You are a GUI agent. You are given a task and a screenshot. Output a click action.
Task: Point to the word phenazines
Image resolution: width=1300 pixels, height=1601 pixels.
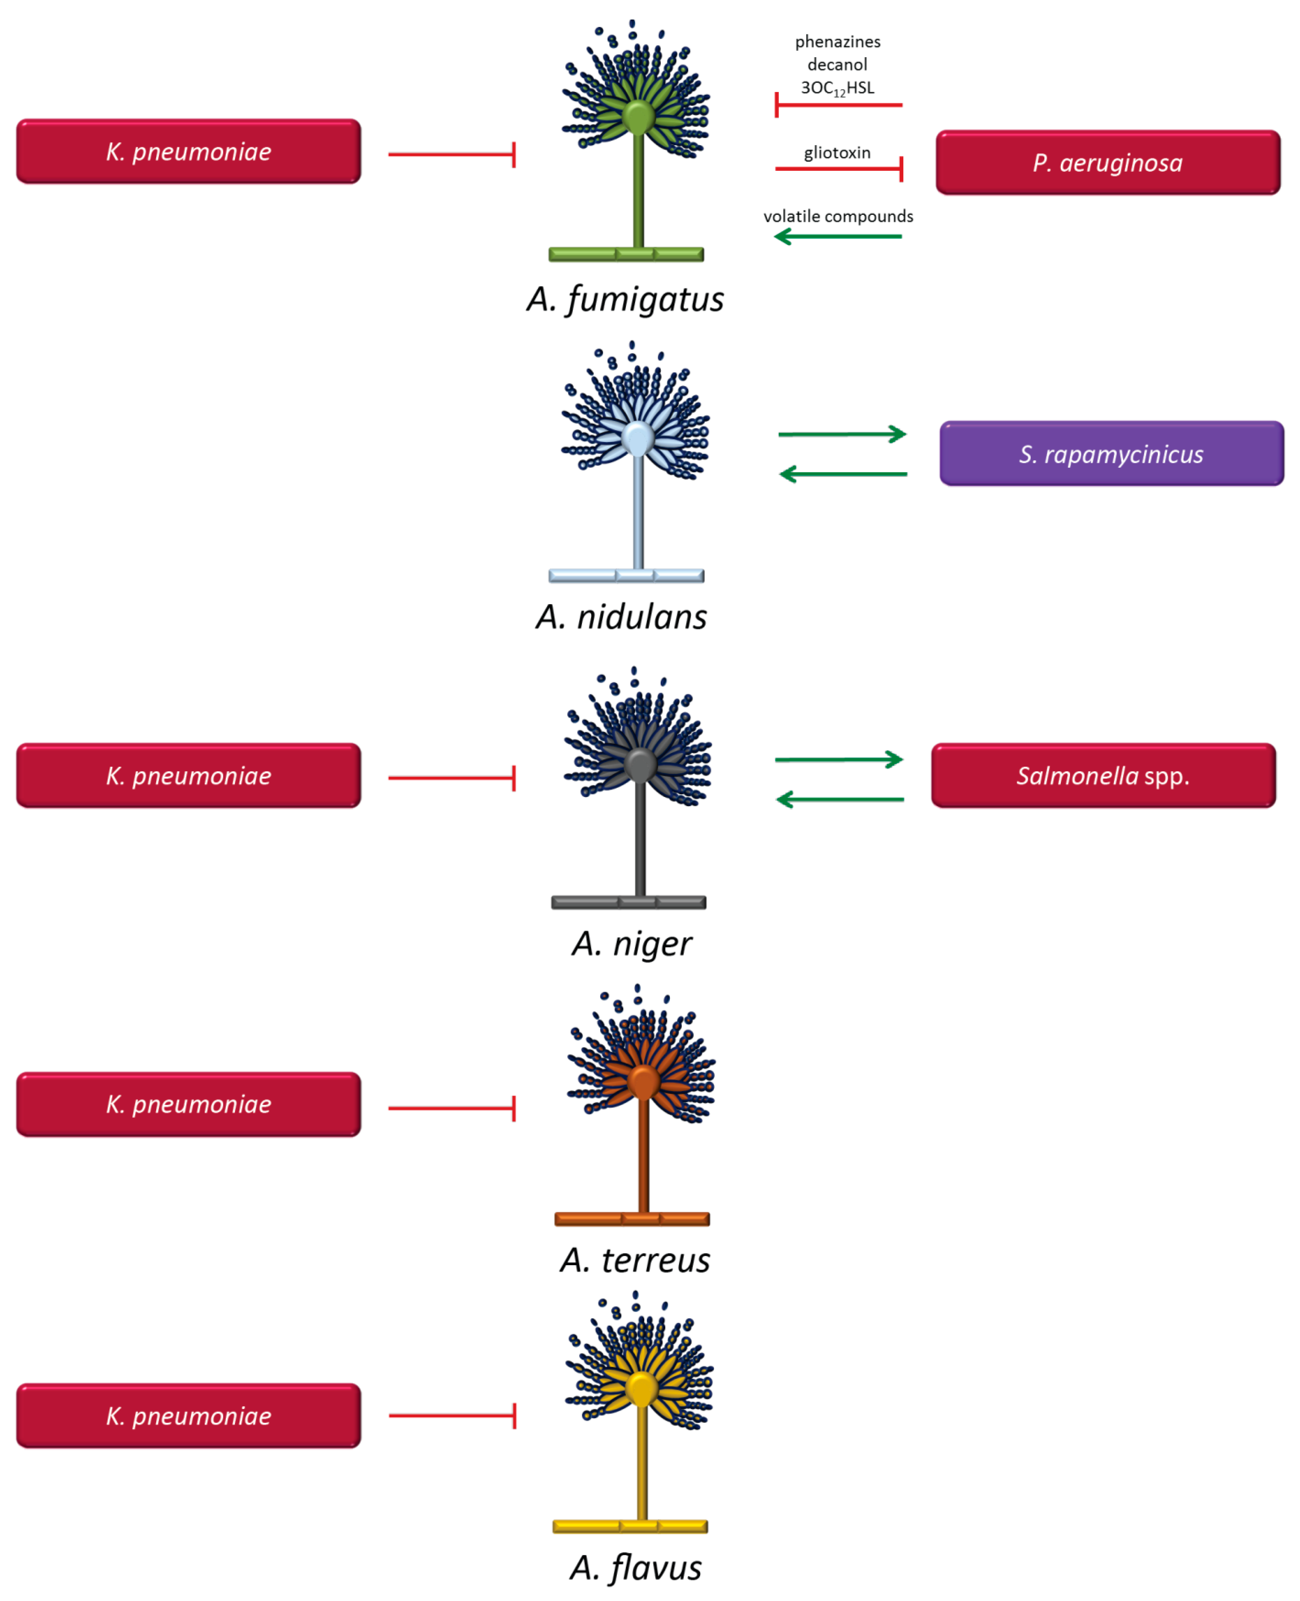837,42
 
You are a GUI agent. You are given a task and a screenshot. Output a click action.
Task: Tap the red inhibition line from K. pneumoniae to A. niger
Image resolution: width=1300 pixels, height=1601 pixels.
451,778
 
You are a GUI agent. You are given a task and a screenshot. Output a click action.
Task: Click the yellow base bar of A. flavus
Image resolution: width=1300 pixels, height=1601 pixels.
630,1526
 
